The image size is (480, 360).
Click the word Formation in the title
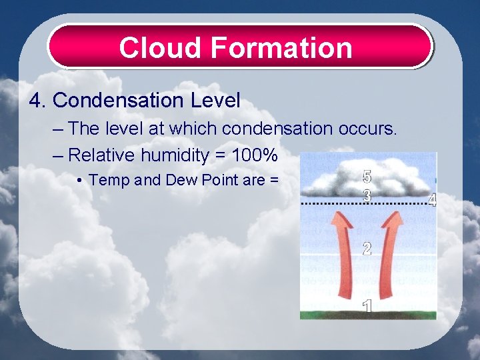click(281, 47)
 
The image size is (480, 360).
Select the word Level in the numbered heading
click(215, 101)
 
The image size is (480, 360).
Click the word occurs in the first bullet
click(365, 128)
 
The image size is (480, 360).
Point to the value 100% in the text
click(254, 155)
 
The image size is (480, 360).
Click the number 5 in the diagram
click(367, 177)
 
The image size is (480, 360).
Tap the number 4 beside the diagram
click(432, 200)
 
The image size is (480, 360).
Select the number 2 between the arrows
click(367, 249)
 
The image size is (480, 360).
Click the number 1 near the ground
click(367, 306)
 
